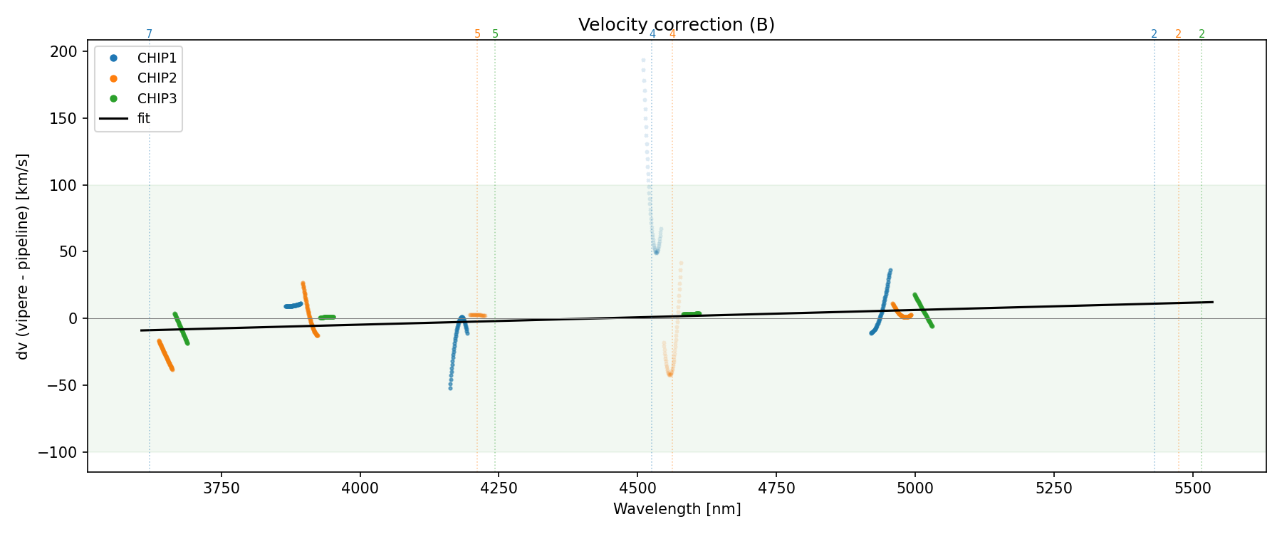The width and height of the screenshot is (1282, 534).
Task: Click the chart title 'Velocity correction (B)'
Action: [x=676, y=25]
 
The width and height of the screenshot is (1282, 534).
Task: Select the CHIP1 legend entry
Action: [x=157, y=58]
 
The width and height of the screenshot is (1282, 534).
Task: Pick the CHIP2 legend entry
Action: [x=157, y=78]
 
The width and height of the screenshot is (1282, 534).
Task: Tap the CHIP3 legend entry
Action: [x=157, y=98]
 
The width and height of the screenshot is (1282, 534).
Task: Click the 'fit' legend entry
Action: [x=143, y=119]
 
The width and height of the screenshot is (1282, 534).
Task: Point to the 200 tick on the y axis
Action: [x=68, y=52]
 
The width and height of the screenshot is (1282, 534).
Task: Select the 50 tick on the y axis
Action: [x=71, y=252]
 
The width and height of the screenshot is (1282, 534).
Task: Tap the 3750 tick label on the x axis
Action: [x=222, y=488]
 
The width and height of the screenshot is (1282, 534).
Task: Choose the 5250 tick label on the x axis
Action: [x=1053, y=488]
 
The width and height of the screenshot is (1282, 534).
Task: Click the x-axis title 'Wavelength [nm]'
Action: [x=677, y=510]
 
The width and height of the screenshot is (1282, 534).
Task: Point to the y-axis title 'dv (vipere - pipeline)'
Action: [x=23, y=256]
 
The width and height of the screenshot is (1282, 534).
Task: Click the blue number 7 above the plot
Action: [x=149, y=34]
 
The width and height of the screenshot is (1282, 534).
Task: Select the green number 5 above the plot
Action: [x=495, y=34]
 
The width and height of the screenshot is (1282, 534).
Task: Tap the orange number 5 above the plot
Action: [x=477, y=34]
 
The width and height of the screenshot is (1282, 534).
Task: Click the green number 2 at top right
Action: [x=1202, y=34]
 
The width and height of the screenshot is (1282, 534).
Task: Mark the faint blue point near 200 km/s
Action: [x=643, y=60]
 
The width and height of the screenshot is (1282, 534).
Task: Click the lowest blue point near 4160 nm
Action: [x=450, y=388]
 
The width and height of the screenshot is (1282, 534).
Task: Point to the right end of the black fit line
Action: [x=1212, y=302]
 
